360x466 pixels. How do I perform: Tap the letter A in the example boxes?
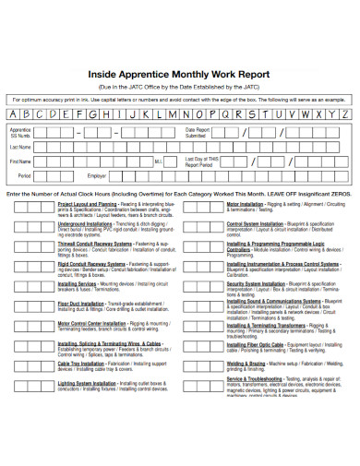click(x=14, y=114)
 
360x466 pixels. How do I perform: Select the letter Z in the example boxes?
click(x=345, y=114)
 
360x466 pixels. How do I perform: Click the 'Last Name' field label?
click(x=20, y=147)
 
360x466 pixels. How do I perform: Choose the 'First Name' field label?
click(x=20, y=161)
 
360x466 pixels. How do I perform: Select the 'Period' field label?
click(x=24, y=174)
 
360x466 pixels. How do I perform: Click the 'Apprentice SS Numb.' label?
click(x=20, y=133)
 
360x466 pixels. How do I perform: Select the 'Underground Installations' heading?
click(x=85, y=224)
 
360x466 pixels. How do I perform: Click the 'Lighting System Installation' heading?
click(x=89, y=383)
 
